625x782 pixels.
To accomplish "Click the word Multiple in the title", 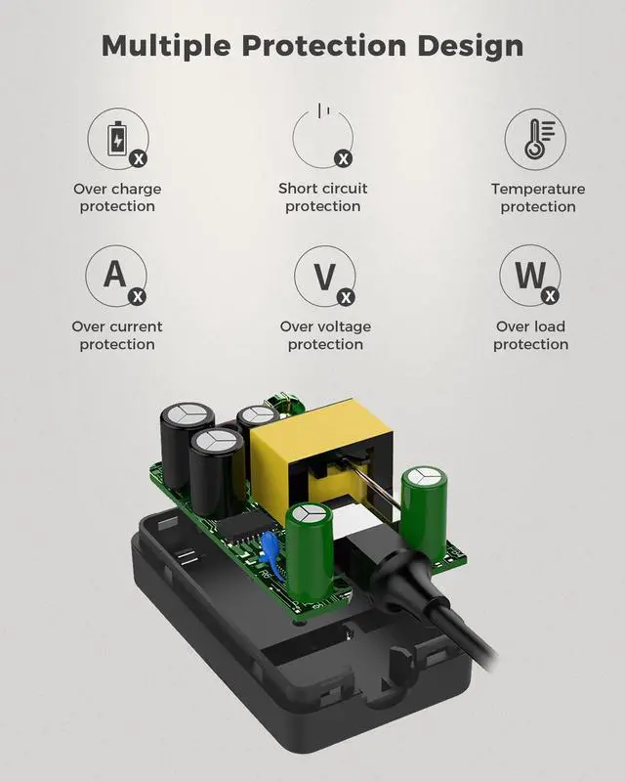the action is [166, 46].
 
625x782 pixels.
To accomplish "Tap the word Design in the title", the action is [471, 46].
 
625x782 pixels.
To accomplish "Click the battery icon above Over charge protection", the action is [117, 138].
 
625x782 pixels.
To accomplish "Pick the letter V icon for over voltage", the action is [324, 277].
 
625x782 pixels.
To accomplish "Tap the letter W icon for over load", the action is [530, 275].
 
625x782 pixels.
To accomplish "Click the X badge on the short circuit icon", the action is [343, 159].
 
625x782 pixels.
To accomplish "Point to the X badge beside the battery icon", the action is [138, 159].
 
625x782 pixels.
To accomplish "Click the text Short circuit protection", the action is [323, 197].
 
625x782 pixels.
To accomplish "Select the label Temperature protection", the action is [538, 197].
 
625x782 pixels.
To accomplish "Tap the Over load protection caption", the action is [531, 335].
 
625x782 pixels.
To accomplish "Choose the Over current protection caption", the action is [117, 335].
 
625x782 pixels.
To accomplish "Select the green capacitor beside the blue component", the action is [309, 551].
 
